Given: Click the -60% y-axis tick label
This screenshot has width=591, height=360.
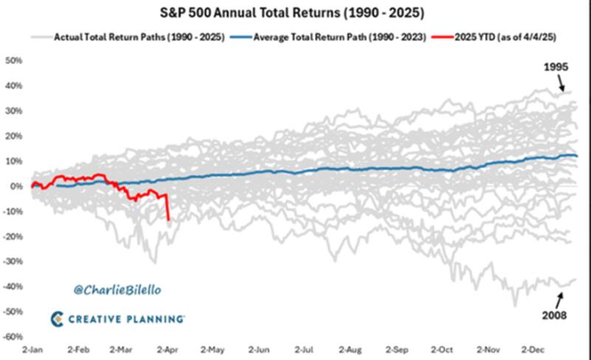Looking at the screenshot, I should (x=13, y=336).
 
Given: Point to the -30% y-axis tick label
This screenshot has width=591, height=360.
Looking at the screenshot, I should (x=13, y=262).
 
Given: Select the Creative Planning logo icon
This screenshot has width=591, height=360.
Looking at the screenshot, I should (x=58, y=318).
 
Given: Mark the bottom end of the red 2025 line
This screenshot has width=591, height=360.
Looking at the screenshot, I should (x=169, y=220).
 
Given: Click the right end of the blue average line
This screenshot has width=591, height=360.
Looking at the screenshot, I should (x=577, y=156).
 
